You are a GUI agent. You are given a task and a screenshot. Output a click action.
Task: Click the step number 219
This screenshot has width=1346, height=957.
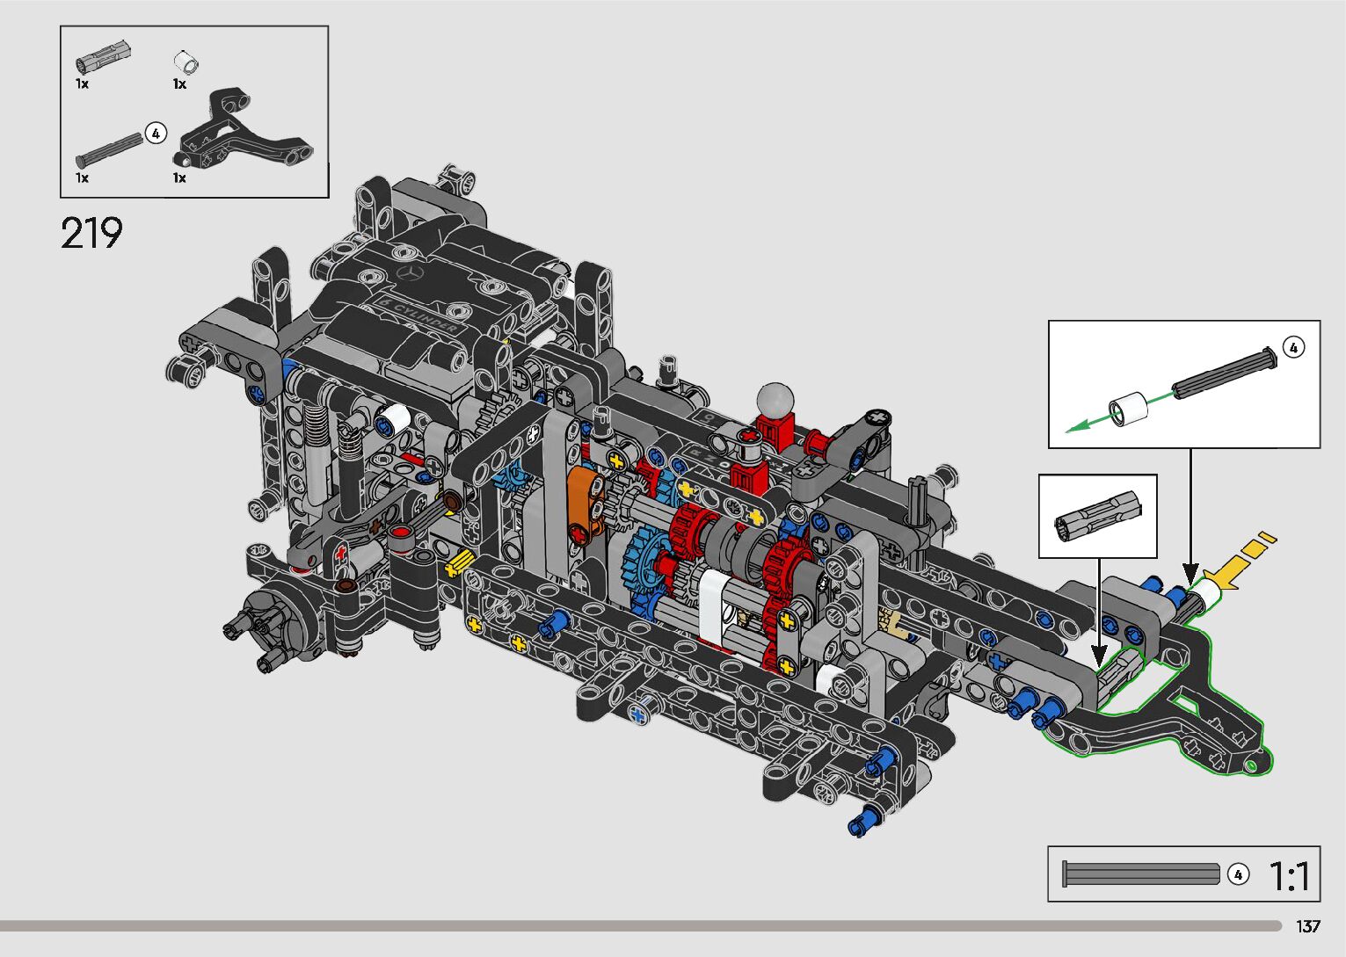coord(91,233)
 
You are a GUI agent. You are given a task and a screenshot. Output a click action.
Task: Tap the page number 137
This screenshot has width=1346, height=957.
coord(1308,925)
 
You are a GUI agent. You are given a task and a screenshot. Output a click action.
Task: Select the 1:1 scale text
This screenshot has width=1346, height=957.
coord(1289,876)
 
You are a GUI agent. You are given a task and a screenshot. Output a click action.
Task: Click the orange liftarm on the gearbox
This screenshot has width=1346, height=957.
coord(585,504)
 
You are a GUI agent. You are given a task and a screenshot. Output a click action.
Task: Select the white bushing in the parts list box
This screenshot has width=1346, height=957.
coord(186,62)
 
